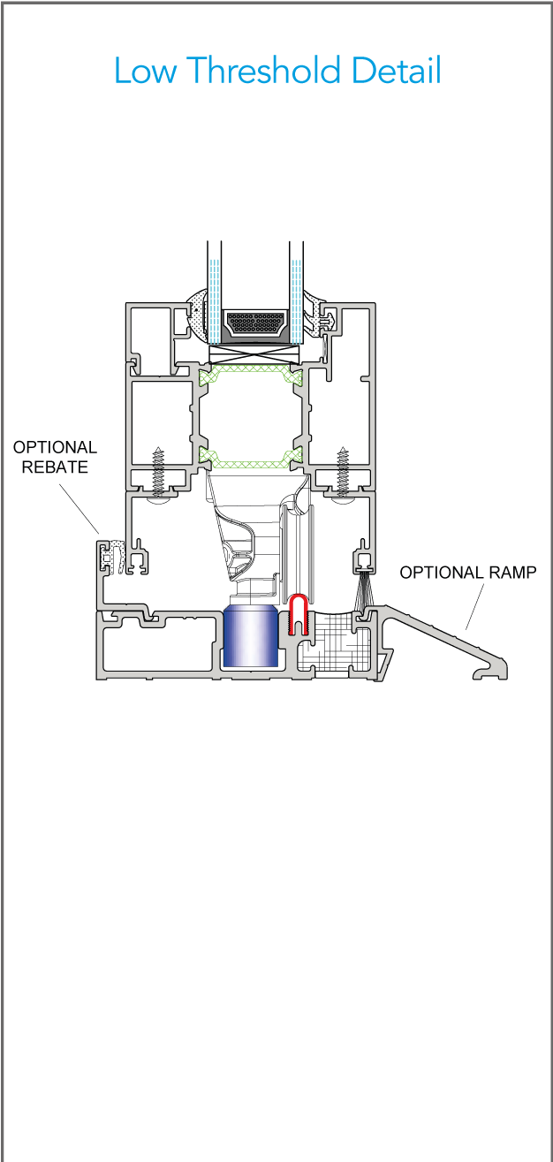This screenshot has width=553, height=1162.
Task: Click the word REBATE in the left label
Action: click(x=56, y=467)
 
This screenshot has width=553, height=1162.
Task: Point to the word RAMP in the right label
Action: click(x=511, y=572)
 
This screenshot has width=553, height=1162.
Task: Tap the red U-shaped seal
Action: click(x=299, y=615)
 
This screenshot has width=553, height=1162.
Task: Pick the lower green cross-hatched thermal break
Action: click(x=253, y=459)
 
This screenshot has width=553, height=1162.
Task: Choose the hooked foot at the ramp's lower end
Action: click(x=490, y=673)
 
